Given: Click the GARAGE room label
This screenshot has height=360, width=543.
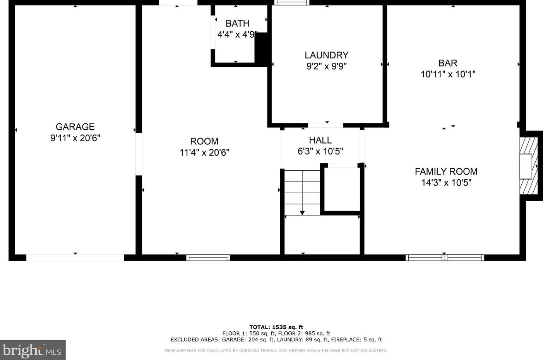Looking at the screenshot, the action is (x=75, y=127).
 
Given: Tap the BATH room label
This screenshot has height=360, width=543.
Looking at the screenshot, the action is (x=237, y=24).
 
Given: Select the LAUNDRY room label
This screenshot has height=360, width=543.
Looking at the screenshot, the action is (x=327, y=55).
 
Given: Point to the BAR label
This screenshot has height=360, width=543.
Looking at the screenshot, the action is (x=448, y=63).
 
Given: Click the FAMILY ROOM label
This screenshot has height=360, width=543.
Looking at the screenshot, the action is (x=446, y=171).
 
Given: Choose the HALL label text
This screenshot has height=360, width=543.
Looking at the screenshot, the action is (x=320, y=140).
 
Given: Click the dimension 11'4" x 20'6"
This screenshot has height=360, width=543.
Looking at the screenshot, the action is (x=204, y=153).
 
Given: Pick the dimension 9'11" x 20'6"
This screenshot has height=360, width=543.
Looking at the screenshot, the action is (x=75, y=138).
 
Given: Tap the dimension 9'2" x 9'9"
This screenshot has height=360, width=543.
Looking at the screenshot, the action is (x=327, y=66).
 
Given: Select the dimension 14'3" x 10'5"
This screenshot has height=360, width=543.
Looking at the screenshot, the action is (x=446, y=183).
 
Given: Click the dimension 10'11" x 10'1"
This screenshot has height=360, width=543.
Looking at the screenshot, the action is (x=448, y=74).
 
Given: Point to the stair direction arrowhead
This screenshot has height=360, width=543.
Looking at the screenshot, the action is (x=302, y=213).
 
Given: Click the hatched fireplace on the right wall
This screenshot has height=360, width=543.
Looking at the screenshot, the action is (x=529, y=166).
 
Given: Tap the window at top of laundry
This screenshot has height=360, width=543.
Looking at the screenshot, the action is (x=291, y=2).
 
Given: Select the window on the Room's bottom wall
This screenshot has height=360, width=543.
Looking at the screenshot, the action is (x=208, y=257).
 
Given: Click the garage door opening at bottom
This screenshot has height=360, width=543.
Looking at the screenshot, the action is (x=75, y=257).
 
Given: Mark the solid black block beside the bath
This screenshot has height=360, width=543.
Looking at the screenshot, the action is (x=261, y=48).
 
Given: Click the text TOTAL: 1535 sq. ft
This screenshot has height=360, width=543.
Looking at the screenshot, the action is (x=276, y=327).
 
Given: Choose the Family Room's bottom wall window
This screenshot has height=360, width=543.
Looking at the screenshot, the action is (x=445, y=257).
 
